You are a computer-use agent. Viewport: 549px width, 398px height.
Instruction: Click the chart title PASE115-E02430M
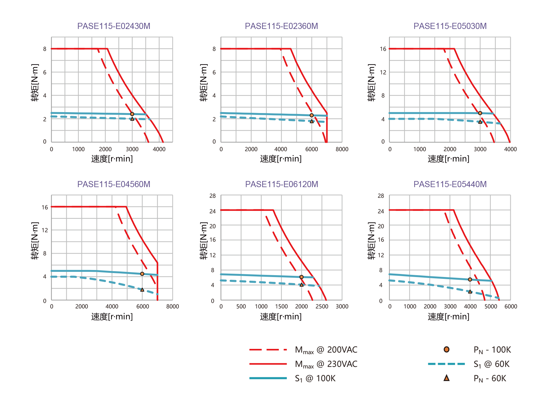tap(113, 26)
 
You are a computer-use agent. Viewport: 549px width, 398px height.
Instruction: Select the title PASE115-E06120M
tap(282, 184)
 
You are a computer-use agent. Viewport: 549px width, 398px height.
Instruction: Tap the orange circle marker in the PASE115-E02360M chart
tap(311, 115)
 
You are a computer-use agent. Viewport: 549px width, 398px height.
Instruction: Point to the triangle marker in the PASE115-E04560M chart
tap(142, 290)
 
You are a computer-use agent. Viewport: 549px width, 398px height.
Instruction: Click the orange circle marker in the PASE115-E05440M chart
tap(470, 279)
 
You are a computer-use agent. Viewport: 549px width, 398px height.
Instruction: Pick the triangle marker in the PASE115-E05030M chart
tap(480, 122)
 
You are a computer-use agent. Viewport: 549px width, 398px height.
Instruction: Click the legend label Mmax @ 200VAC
tap(326, 350)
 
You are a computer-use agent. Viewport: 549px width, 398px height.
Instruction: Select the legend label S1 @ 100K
tap(315, 378)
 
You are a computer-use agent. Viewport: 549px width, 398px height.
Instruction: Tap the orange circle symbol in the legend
tap(446, 350)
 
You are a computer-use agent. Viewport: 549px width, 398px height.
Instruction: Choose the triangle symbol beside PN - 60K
tap(446, 378)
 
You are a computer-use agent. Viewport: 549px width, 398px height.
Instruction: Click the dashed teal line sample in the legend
tap(446, 364)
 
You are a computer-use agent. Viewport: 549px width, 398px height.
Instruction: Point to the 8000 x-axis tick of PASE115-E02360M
tap(342, 149)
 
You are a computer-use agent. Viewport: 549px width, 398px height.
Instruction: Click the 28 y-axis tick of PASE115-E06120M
tap(213, 196)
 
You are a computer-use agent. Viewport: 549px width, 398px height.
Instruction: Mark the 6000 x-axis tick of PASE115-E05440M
tap(511, 307)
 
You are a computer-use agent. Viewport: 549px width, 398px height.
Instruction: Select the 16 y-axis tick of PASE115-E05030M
tap(383, 49)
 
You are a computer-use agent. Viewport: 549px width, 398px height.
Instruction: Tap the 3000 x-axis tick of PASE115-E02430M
tap(132, 149)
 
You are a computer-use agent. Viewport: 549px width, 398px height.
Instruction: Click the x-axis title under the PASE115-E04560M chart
tap(112, 317)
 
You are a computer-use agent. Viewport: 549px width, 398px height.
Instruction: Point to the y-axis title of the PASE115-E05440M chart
tap(371, 241)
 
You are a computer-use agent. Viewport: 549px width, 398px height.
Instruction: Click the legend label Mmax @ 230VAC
tap(326, 364)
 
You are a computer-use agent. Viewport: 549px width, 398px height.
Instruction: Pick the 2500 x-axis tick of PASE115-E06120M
tap(322, 307)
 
